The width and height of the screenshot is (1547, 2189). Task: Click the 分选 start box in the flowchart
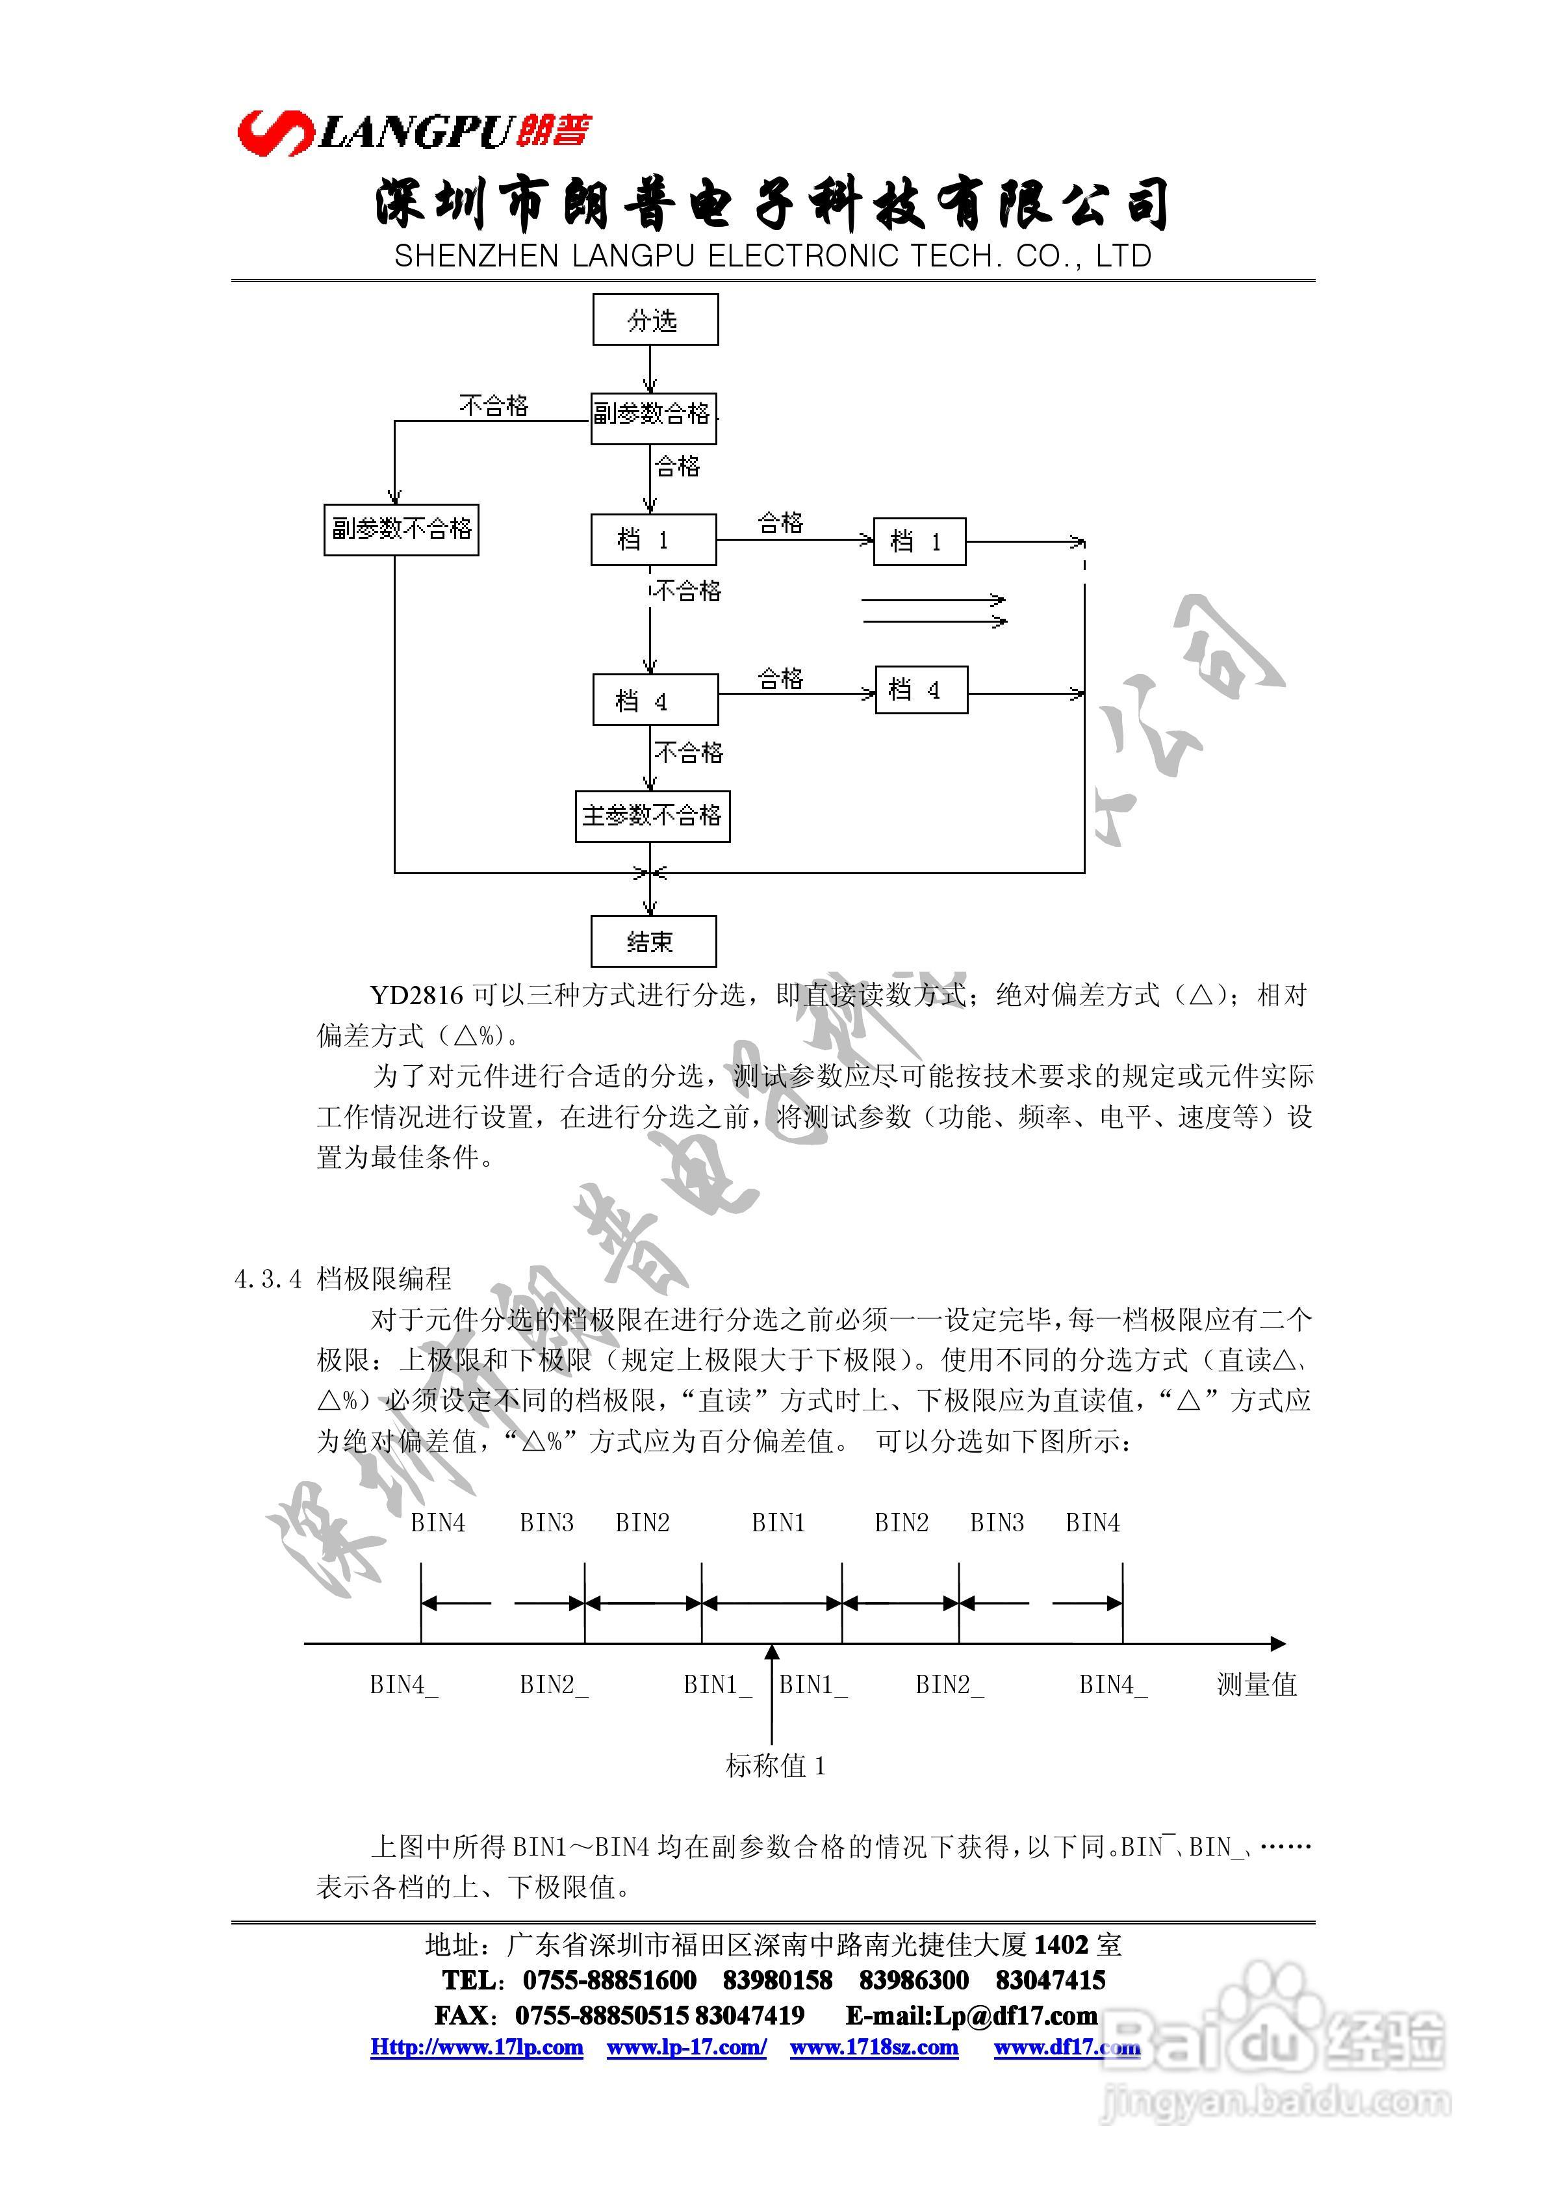click(655, 319)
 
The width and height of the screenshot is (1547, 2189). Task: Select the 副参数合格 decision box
click(653, 418)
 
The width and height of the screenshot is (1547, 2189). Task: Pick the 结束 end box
click(653, 941)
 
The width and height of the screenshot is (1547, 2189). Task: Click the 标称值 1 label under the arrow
click(775, 1766)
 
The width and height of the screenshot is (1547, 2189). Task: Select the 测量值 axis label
click(1257, 1685)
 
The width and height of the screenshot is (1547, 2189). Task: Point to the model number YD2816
click(416, 995)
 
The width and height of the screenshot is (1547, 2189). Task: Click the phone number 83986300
click(913, 1980)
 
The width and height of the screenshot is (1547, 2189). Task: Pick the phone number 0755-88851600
click(609, 1980)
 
